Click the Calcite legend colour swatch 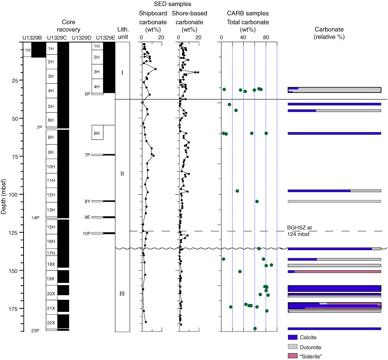tap(293, 337)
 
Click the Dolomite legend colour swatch tap(293, 347)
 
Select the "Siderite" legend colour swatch tap(293, 355)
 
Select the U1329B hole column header tap(32, 37)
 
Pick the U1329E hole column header tap(105, 37)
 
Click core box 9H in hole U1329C tap(51, 152)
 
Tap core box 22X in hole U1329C tap(51, 323)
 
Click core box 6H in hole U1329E tap(97, 133)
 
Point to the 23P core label tap(35, 331)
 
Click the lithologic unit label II tap(122, 173)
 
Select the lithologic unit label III tap(122, 294)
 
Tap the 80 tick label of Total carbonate tap(266, 37)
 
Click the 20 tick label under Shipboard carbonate tap(161, 37)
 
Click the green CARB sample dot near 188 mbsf tap(255, 328)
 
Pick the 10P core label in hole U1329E tap(86, 233)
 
